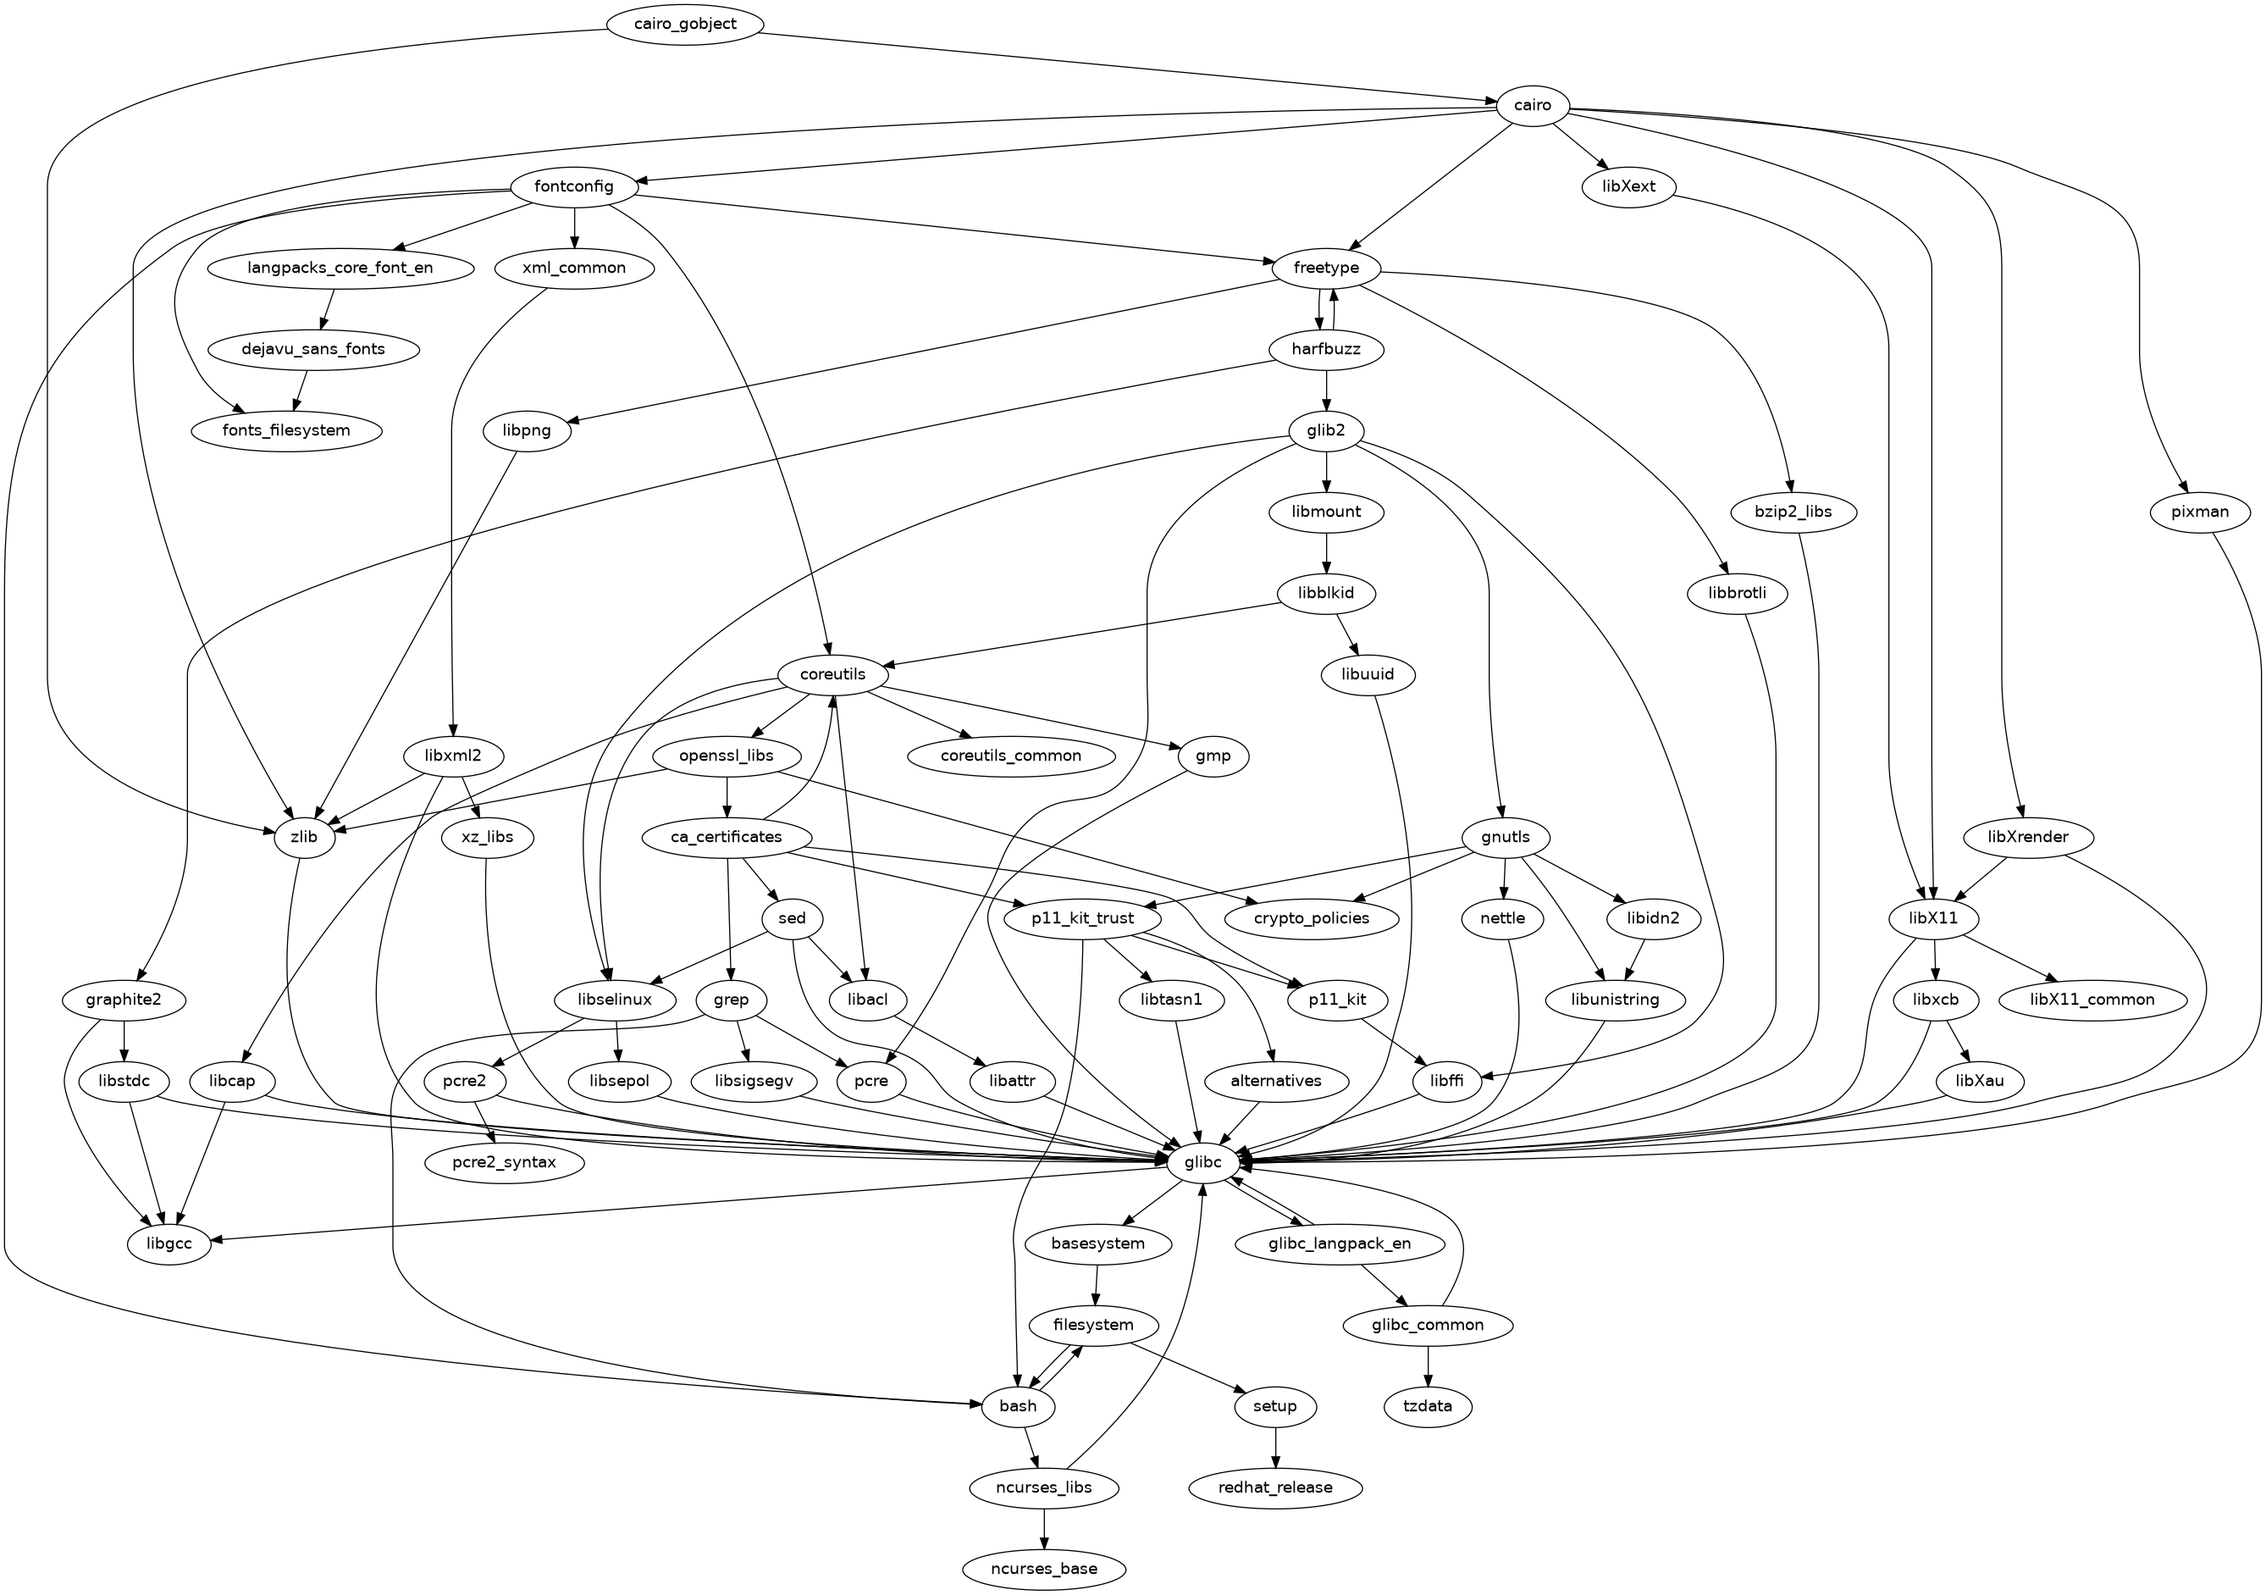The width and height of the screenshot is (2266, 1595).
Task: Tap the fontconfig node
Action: pyautogui.click(x=573, y=186)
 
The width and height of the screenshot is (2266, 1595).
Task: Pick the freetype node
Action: pyautogui.click(x=1325, y=269)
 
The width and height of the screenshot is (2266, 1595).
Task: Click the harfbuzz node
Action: pyautogui.click(x=1325, y=349)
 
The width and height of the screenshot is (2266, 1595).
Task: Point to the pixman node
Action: pyautogui.click(x=2200, y=512)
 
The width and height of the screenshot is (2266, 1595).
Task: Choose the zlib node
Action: pyautogui.click(x=304, y=837)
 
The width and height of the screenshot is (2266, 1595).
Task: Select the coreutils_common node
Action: pyautogui.click(x=1009, y=756)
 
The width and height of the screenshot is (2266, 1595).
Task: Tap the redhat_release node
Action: pyautogui.click(x=1275, y=1487)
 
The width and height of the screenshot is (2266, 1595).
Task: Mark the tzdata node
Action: pyautogui.click(x=1427, y=1405)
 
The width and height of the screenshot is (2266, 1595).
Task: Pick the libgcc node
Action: pyautogui.click(x=169, y=1243)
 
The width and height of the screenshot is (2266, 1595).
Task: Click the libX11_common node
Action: pyautogui.click(x=2092, y=1000)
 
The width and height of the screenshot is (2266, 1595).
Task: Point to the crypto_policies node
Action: pyautogui.click(x=1312, y=918)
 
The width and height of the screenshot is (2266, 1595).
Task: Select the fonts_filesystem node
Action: pyautogui.click(x=286, y=430)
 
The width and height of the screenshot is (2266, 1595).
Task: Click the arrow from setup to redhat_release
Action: pyautogui.click(x=1275, y=1446)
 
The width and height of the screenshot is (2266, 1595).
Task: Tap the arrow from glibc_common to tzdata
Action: pyautogui.click(x=1427, y=1365)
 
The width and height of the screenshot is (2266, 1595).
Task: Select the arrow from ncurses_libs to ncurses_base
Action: pyautogui.click(x=1043, y=1528)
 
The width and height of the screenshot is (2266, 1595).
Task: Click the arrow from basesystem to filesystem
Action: pyautogui.click(x=1096, y=1284)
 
